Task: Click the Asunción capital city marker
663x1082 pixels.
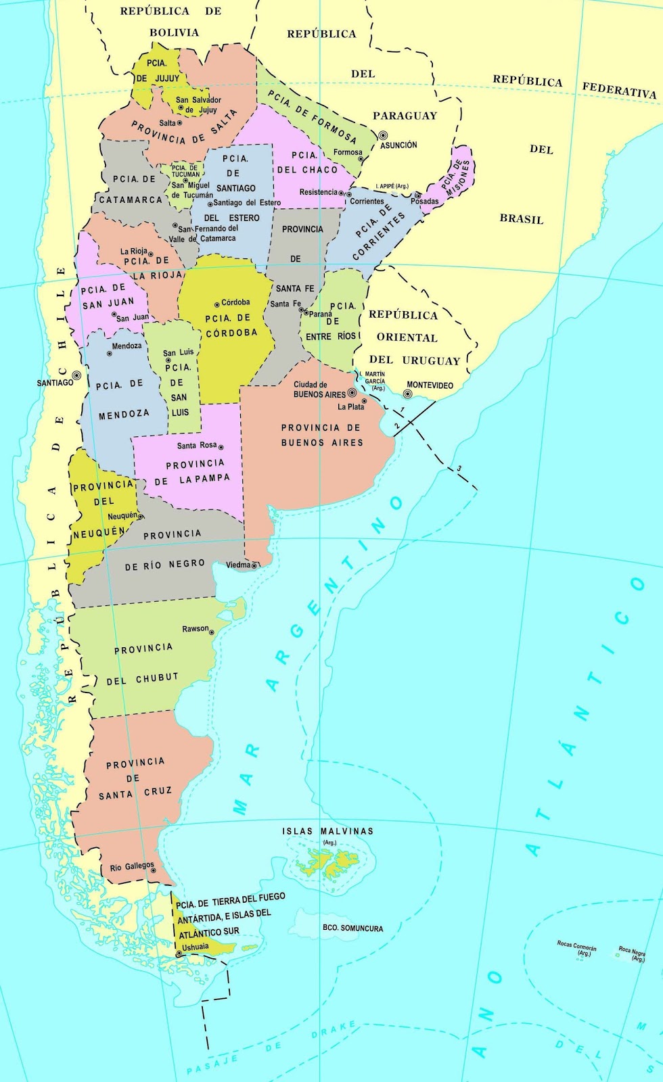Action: [x=383, y=135]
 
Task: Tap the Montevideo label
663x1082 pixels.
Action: [x=430, y=385]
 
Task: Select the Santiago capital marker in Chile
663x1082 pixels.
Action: [x=76, y=375]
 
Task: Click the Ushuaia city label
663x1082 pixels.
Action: [x=196, y=947]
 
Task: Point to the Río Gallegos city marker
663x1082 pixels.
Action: [x=154, y=870]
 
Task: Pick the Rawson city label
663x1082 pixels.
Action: [x=196, y=628]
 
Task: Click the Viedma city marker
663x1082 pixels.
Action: [x=254, y=565]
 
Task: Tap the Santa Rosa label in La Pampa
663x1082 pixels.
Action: [x=197, y=446]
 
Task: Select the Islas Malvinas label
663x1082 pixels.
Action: [x=327, y=831]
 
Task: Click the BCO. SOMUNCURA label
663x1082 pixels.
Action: [x=352, y=928]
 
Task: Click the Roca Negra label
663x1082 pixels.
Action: [x=632, y=951]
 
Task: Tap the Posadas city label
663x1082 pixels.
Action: [x=424, y=202]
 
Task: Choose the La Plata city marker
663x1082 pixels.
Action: [x=365, y=401]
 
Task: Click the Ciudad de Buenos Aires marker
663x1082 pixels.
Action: [x=352, y=393]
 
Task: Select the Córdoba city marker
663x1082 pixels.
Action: [x=216, y=304]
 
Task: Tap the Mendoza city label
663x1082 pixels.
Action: [x=127, y=346]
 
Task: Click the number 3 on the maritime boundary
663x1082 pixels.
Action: [x=459, y=469]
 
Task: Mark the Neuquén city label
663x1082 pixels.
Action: [x=122, y=516]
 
